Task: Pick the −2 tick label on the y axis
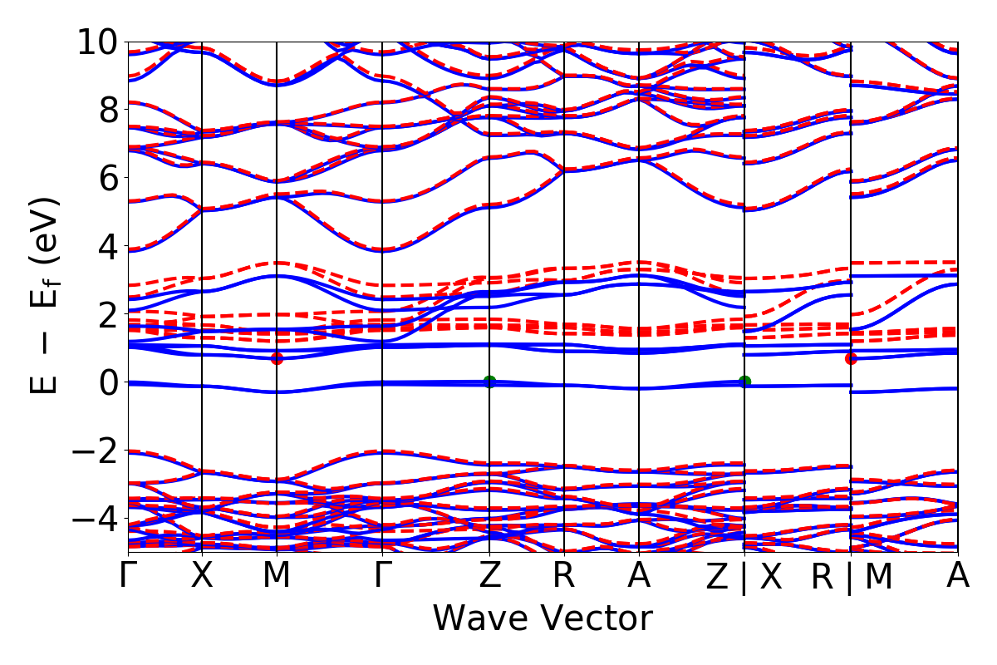coord(89,451)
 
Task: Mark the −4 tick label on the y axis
coord(89,520)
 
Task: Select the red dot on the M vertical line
coord(277,358)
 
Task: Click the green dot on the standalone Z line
coord(489,382)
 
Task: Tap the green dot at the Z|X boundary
coord(744,382)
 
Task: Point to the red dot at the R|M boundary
coord(851,358)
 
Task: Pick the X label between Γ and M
coord(202,577)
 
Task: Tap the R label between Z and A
coord(564,577)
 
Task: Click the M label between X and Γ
coord(277,577)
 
